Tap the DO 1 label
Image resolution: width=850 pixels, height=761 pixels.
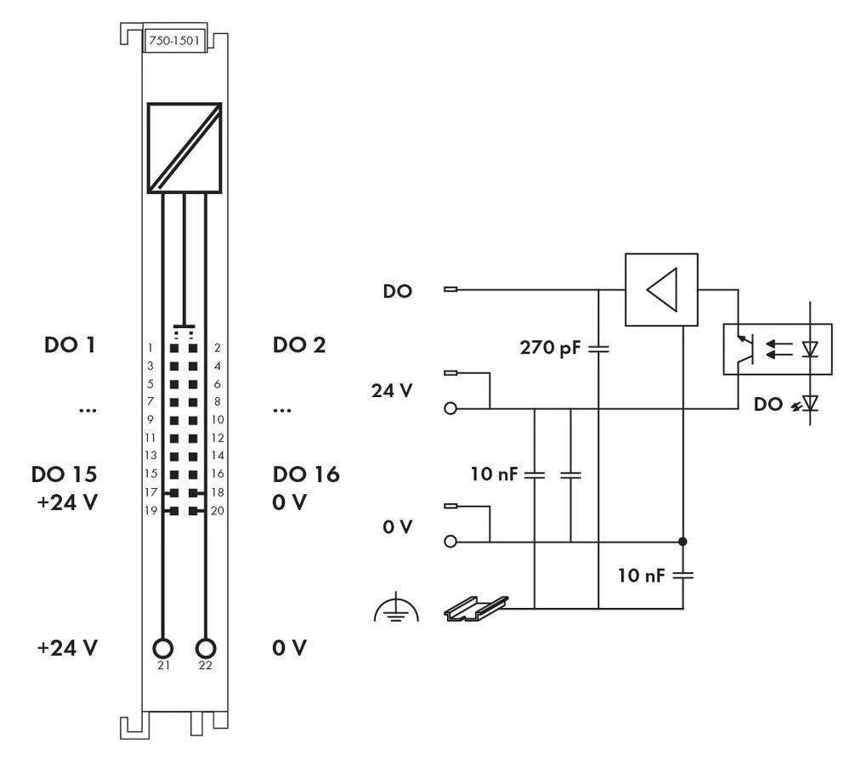click(70, 345)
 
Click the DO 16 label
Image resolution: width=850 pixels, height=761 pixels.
click(306, 474)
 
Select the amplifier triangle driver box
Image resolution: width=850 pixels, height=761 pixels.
click(661, 290)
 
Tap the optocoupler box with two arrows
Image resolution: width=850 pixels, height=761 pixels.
click(777, 349)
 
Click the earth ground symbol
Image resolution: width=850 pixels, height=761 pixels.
click(396, 610)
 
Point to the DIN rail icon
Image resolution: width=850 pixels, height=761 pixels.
click(476, 606)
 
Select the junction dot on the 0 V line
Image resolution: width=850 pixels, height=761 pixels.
click(683, 541)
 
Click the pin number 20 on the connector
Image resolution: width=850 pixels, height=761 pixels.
click(217, 511)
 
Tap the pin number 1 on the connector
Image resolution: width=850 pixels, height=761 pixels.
click(150, 348)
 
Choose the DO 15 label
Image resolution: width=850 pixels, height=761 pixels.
click(70, 474)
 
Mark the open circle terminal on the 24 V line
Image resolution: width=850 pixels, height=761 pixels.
click(450, 409)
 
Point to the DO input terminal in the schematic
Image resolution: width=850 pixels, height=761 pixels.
click(450, 290)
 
